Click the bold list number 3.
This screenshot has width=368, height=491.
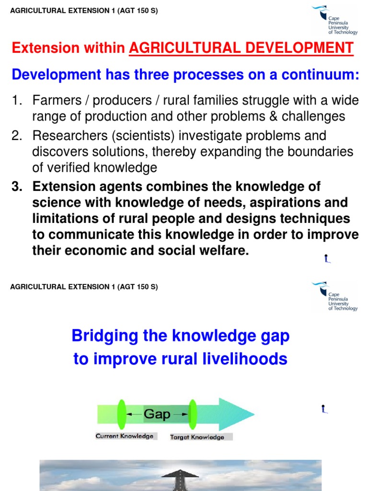tap(17, 187)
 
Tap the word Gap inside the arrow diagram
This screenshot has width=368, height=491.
tap(157, 414)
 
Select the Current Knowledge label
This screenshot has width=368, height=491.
tap(125, 436)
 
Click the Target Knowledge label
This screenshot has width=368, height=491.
tap(197, 437)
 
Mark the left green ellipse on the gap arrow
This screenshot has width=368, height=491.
tap(121, 414)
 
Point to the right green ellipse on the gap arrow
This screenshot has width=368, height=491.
tap(193, 414)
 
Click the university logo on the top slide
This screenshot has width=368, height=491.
tap(334, 20)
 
